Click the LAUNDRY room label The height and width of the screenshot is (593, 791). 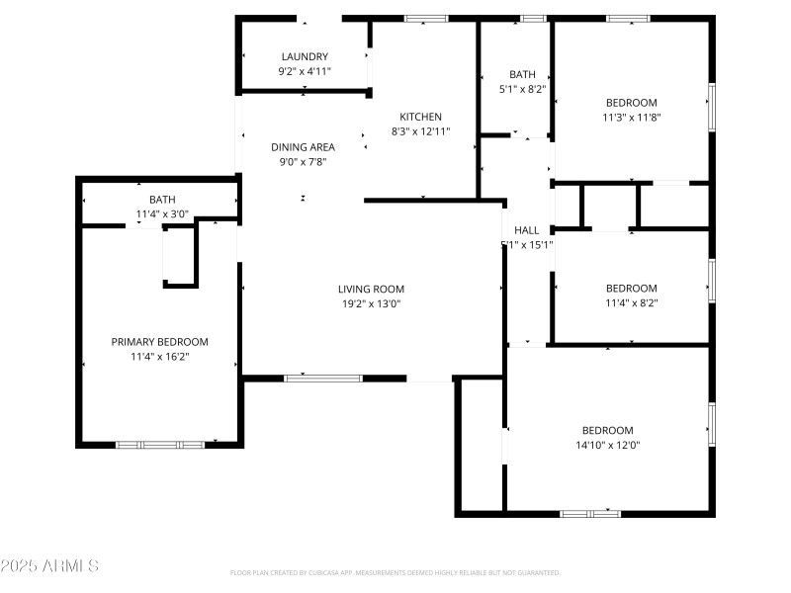click(x=304, y=56)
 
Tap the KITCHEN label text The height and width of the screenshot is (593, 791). click(x=420, y=117)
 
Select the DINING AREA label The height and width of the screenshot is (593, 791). click(x=303, y=147)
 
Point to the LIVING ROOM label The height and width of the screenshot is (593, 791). click(x=371, y=290)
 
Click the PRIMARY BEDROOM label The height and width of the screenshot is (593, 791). click(x=159, y=341)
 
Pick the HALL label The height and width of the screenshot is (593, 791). click(x=526, y=230)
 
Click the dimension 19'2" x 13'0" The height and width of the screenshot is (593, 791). click(x=371, y=303)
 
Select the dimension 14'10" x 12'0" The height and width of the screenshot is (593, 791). click(x=606, y=445)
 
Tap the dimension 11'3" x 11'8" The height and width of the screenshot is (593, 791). click(x=631, y=117)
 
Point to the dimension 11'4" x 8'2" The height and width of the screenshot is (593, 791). click(x=631, y=302)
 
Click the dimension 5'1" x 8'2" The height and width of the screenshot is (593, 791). click(x=522, y=89)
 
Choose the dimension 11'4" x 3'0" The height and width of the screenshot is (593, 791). click(x=162, y=213)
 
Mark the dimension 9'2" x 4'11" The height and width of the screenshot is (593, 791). click(x=304, y=71)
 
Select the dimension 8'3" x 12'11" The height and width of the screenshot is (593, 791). click(x=420, y=130)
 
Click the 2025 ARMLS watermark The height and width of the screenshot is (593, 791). click(x=49, y=566)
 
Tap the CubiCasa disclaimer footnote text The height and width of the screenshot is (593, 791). click(x=395, y=573)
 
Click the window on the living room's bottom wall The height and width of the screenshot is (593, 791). click(x=323, y=378)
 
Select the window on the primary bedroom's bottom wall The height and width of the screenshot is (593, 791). click(x=160, y=445)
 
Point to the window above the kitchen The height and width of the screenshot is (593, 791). click(x=425, y=18)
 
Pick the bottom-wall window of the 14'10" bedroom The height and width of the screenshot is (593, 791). click(x=590, y=513)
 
